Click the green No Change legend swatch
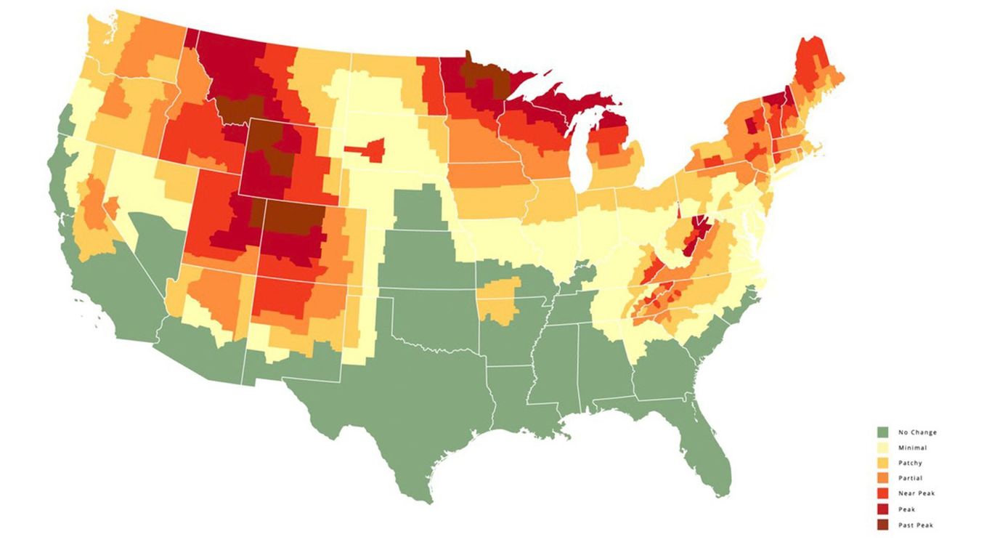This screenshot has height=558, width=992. [882, 432]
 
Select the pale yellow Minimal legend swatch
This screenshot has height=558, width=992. [882, 448]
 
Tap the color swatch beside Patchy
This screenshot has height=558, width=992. [882, 463]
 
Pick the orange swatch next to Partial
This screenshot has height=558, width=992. [882, 478]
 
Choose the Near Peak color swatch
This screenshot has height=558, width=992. [882, 493]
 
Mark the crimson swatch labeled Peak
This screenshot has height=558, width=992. [882, 509]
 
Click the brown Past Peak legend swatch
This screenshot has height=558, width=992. [882, 525]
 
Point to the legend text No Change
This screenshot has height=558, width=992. [916, 432]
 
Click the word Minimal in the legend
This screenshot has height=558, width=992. [912, 448]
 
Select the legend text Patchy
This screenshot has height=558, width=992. [910, 463]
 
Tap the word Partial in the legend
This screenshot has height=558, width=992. [910, 478]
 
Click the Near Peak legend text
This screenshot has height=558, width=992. [916, 493]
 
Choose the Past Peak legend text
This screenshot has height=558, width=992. [916, 525]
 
